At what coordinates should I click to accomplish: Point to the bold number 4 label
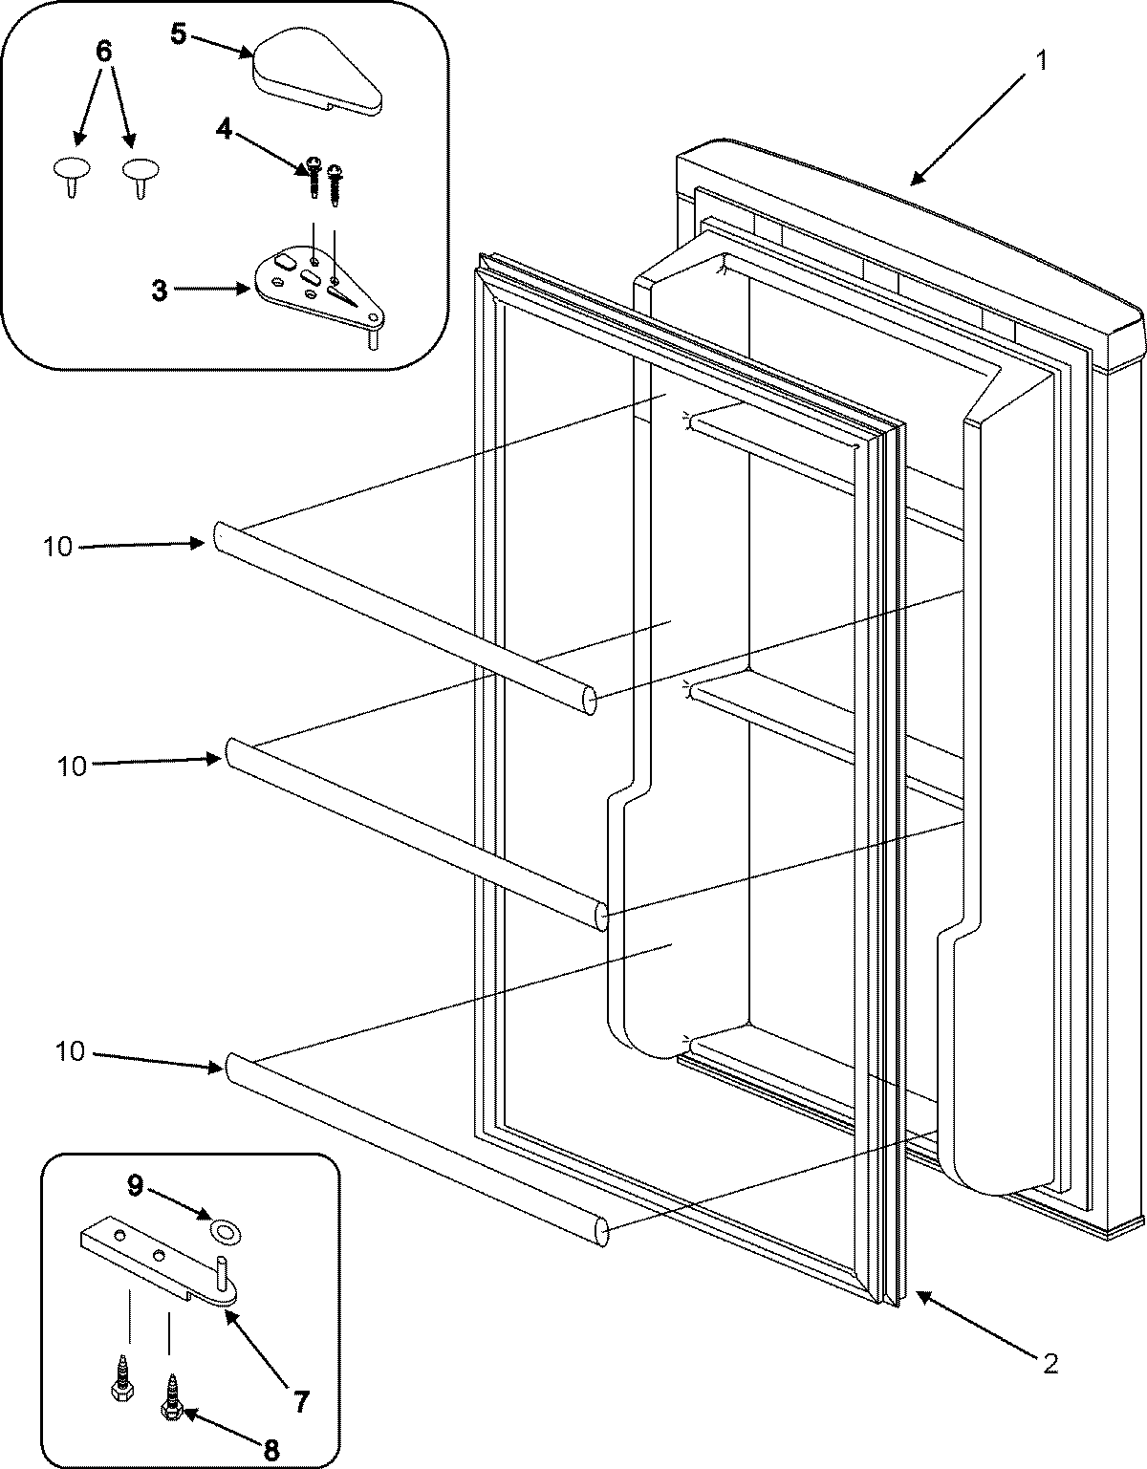pos(223,129)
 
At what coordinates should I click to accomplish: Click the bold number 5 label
pos(179,34)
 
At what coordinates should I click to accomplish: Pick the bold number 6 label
pos(104,52)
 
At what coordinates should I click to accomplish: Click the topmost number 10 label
pos(57,548)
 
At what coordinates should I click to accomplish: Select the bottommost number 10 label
pos(70,1052)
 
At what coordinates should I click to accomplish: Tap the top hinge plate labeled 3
pos(315,292)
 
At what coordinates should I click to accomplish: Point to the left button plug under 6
pos(71,172)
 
